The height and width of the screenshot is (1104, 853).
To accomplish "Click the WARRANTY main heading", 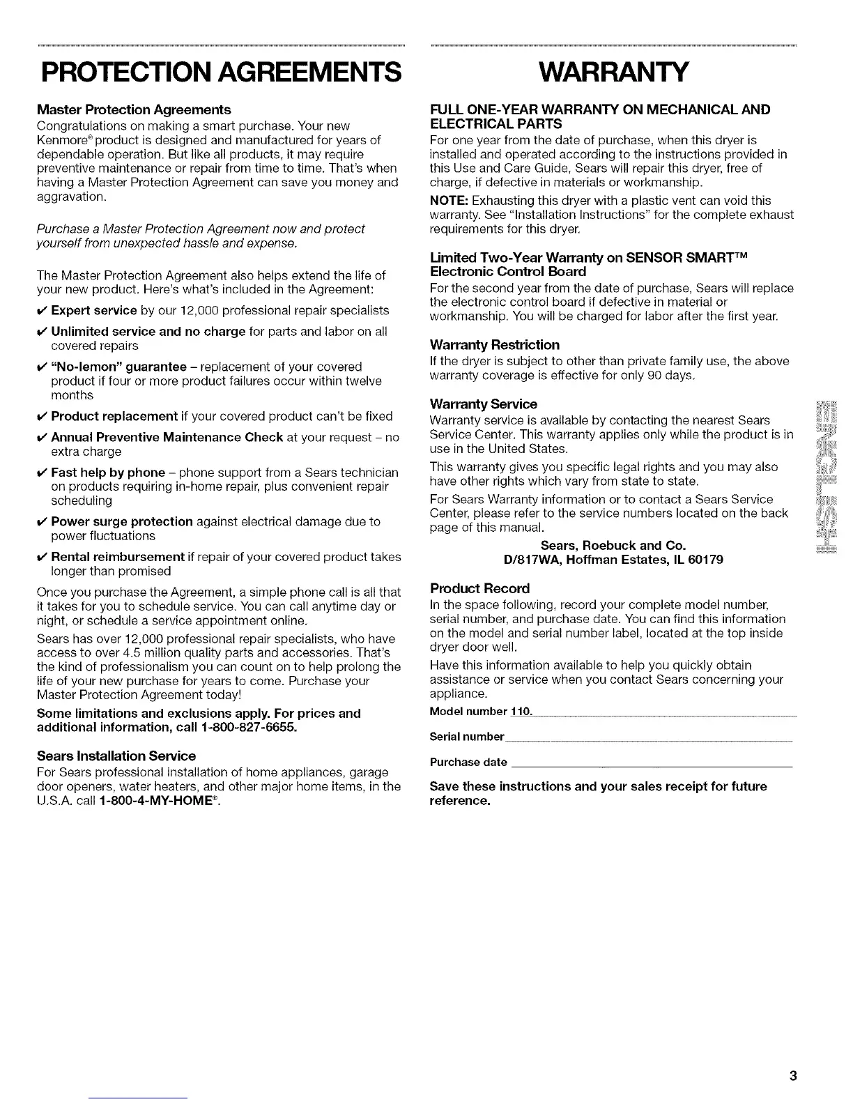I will click(614, 72).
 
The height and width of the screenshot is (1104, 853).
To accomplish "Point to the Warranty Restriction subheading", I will click(495, 345).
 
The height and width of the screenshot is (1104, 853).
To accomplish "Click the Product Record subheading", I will click(480, 588).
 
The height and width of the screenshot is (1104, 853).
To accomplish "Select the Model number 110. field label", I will click(481, 712).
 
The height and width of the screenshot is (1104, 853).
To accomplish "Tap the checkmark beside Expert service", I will click(41, 310).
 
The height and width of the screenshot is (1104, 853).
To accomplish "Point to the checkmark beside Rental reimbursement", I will click(41, 558).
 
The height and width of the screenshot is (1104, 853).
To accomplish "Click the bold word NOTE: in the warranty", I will click(447, 201).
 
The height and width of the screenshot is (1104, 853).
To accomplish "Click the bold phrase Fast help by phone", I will click(108, 473).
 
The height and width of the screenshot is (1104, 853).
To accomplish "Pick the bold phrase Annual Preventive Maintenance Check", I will click(167, 438).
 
